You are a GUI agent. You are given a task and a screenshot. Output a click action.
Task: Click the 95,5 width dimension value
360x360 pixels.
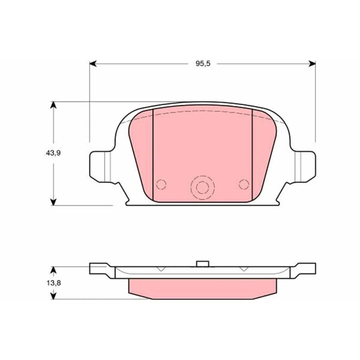tap(203, 64)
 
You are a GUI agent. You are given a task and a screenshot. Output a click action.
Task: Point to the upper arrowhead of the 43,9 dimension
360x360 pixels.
tap(53, 105)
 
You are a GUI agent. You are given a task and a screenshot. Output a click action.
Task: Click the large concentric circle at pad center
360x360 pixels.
tap(202, 187)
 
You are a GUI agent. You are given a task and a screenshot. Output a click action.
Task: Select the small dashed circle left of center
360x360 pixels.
tap(161, 184)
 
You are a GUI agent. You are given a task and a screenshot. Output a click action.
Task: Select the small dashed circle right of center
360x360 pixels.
tap(244, 184)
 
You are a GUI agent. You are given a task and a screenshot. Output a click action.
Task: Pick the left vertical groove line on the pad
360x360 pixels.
tap(153, 155)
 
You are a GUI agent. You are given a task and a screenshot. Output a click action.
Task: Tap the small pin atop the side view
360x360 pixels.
tap(203, 264)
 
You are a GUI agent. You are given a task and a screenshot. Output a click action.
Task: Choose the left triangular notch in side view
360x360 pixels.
tap(161, 269)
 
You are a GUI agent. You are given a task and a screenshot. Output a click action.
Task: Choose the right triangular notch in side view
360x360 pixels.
tap(244, 269)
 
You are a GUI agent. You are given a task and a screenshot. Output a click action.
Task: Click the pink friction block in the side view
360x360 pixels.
tap(203, 288)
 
